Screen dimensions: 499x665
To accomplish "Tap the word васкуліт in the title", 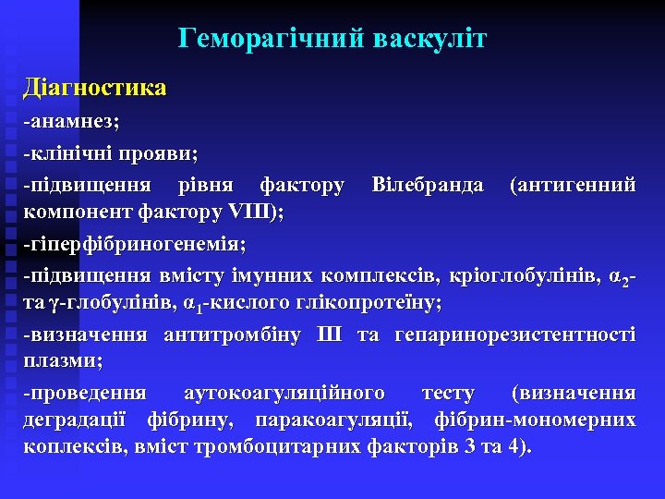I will (430, 39).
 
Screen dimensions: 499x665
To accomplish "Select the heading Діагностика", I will (95, 89).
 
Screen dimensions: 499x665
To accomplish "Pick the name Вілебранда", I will (427, 185).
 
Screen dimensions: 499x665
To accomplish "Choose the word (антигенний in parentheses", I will (573, 185).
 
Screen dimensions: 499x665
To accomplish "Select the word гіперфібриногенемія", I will (138, 246).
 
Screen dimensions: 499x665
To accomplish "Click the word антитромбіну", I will (232, 335).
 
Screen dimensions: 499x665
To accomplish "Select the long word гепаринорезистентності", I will (514, 335).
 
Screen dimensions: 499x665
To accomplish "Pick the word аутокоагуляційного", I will (284, 394).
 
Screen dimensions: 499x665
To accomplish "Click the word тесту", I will (448, 394).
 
